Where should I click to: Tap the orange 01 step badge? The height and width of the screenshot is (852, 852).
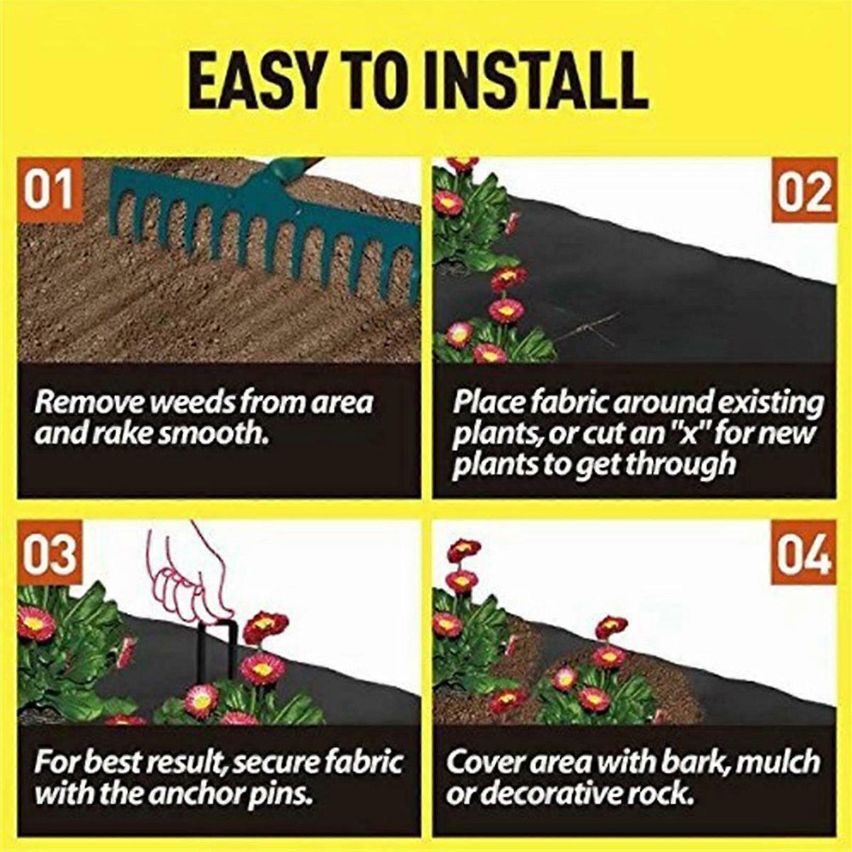click(49, 191)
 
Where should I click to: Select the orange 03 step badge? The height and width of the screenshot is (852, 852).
click(49, 554)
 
